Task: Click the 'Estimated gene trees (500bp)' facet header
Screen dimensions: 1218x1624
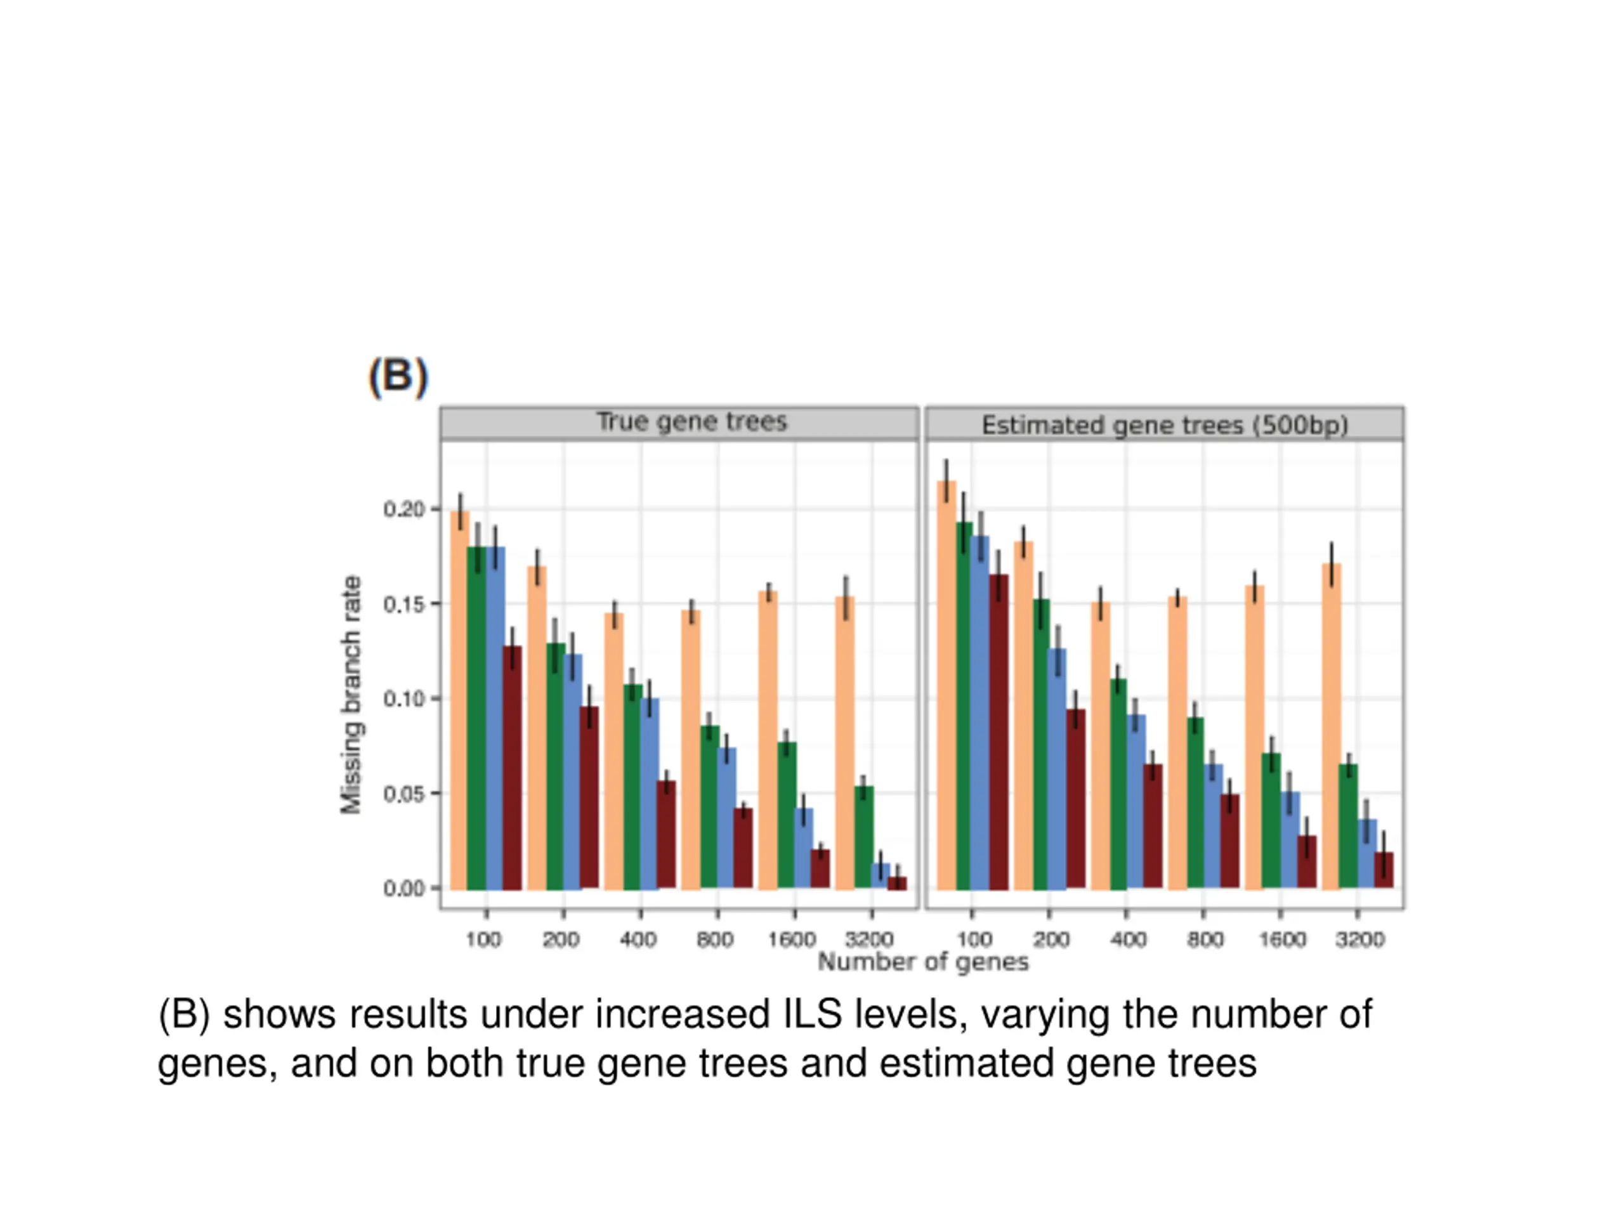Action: (1165, 425)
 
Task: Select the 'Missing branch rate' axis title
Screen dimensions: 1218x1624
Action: (351, 695)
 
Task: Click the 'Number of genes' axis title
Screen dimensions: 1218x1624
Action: (923, 962)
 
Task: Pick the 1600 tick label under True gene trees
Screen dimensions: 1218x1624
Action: (792, 939)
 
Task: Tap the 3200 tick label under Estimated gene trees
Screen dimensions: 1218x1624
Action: (1359, 939)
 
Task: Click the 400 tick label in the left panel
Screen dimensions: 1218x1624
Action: (638, 939)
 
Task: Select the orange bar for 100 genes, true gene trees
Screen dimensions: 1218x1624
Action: (459, 701)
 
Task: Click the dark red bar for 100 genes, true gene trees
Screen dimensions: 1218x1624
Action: (513, 767)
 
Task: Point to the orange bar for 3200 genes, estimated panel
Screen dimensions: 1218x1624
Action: (1331, 727)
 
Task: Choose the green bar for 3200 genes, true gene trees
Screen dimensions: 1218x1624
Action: (864, 837)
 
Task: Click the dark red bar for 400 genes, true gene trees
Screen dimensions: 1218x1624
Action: (666, 835)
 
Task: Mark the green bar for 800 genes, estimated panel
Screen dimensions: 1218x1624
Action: (1195, 803)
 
